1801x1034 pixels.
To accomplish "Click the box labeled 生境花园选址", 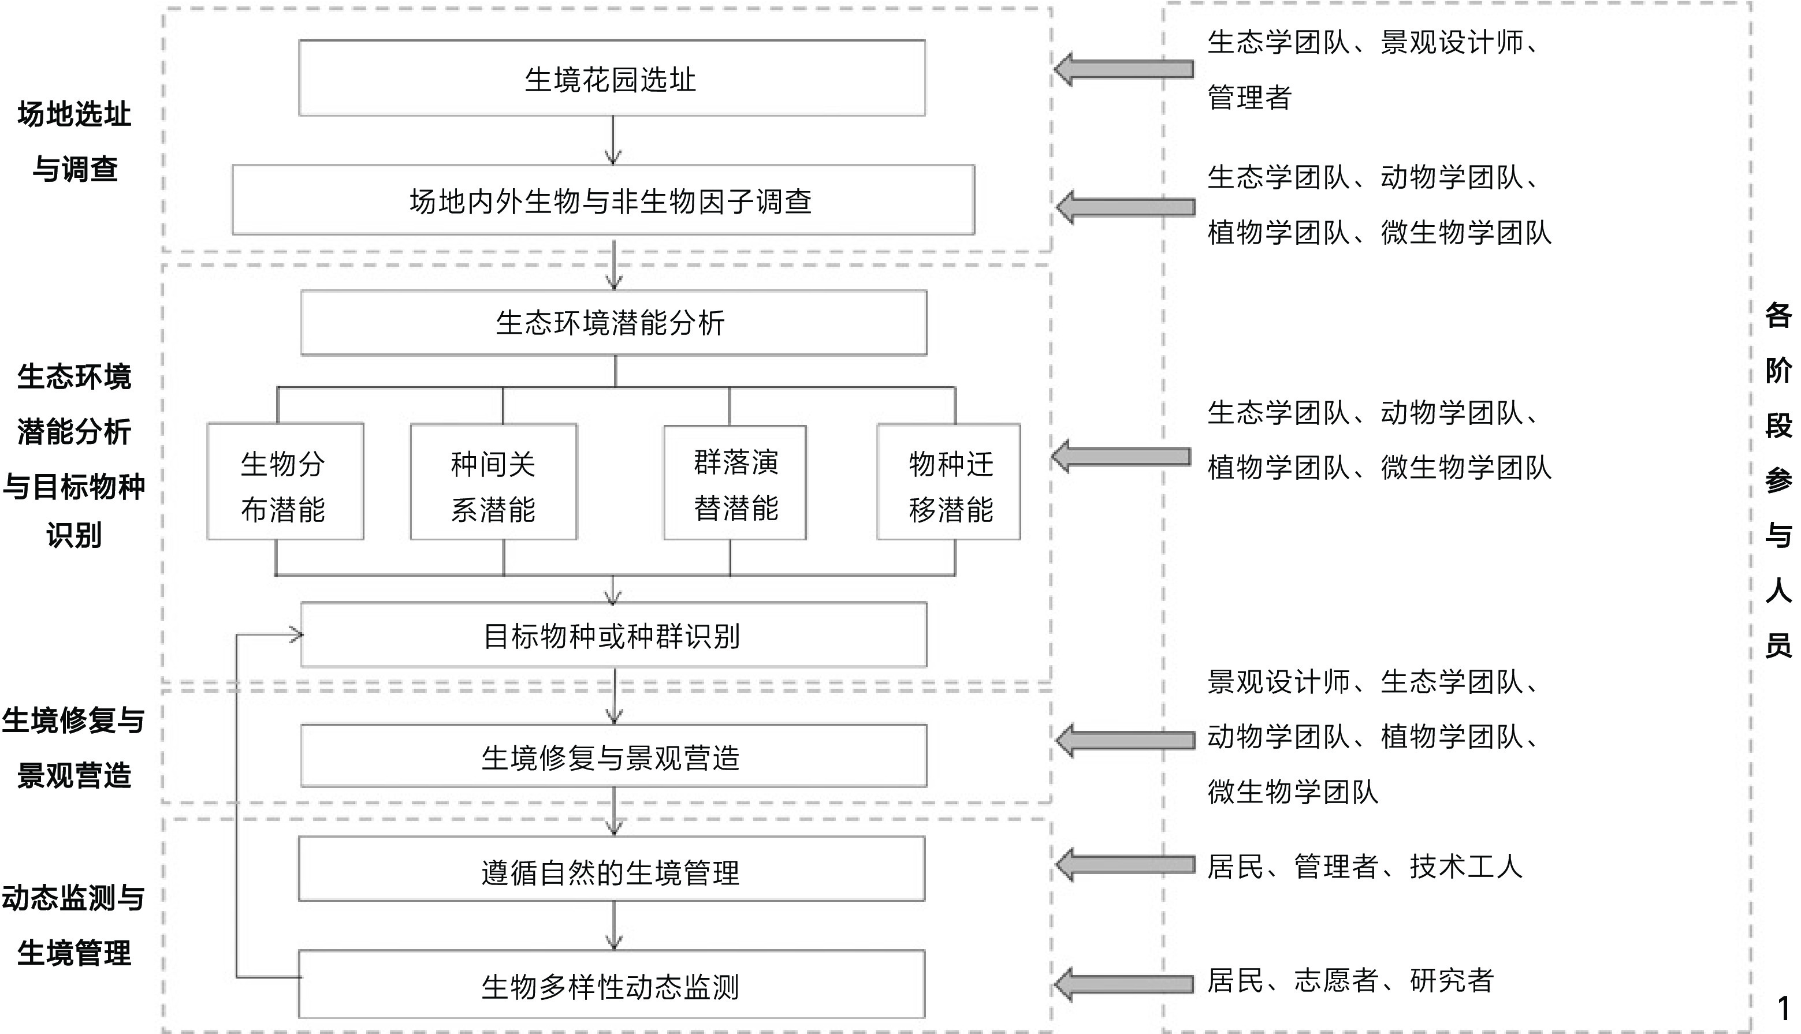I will coord(611,78).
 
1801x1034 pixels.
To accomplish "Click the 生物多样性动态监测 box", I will coord(611,984).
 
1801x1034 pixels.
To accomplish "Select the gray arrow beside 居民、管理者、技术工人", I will coord(1124,865).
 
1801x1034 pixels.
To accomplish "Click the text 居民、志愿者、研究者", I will coord(1350,981).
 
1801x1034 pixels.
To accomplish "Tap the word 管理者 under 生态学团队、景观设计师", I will coord(1249,98).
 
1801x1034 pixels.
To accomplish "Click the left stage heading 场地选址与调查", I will coord(75,141).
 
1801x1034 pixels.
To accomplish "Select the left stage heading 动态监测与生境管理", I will coord(74,925).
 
